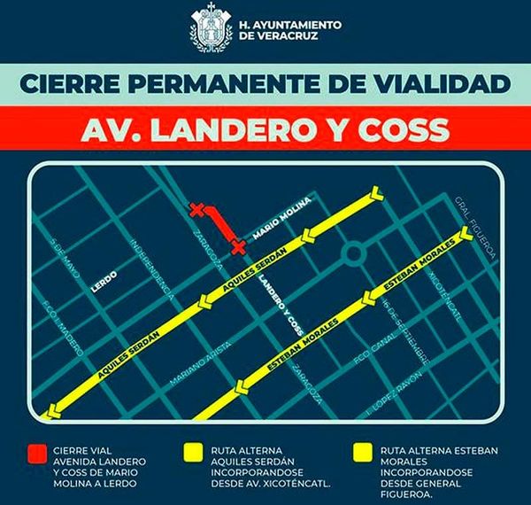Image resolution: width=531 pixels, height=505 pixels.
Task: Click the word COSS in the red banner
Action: point(404,129)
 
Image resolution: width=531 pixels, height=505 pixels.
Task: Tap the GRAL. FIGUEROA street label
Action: point(474,227)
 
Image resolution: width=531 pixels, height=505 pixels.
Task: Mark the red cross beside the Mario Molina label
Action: point(238,245)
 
